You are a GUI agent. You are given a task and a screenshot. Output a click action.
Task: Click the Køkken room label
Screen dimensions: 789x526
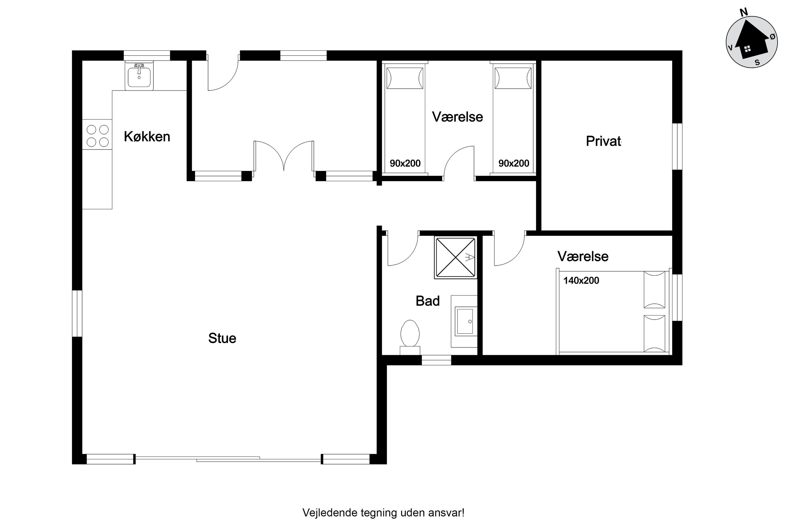tap(147, 137)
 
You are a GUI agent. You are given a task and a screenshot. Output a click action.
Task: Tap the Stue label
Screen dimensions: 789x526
tap(222, 338)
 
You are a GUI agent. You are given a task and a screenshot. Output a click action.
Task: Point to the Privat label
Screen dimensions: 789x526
tap(603, 141)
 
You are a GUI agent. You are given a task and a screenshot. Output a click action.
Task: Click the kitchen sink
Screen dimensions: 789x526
tap(139, 76)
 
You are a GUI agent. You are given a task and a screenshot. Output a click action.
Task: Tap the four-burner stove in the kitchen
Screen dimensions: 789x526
tap(97, 136)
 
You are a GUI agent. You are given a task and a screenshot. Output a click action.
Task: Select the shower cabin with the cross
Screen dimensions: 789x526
tap(455, 258)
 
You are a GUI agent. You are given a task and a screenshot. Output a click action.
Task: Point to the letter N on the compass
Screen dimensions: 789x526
tap(744, 13)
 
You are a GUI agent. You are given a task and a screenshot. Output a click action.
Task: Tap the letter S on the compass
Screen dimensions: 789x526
tap(757, 62)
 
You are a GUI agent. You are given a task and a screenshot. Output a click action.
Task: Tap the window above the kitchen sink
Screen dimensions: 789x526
tap(147, 55)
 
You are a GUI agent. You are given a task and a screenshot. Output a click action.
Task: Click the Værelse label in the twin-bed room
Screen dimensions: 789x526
tap(458, 117)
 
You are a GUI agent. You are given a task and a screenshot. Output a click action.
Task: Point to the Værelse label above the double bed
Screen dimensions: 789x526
tap(583, 256)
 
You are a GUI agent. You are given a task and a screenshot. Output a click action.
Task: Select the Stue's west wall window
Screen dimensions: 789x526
tap(77, 313)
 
